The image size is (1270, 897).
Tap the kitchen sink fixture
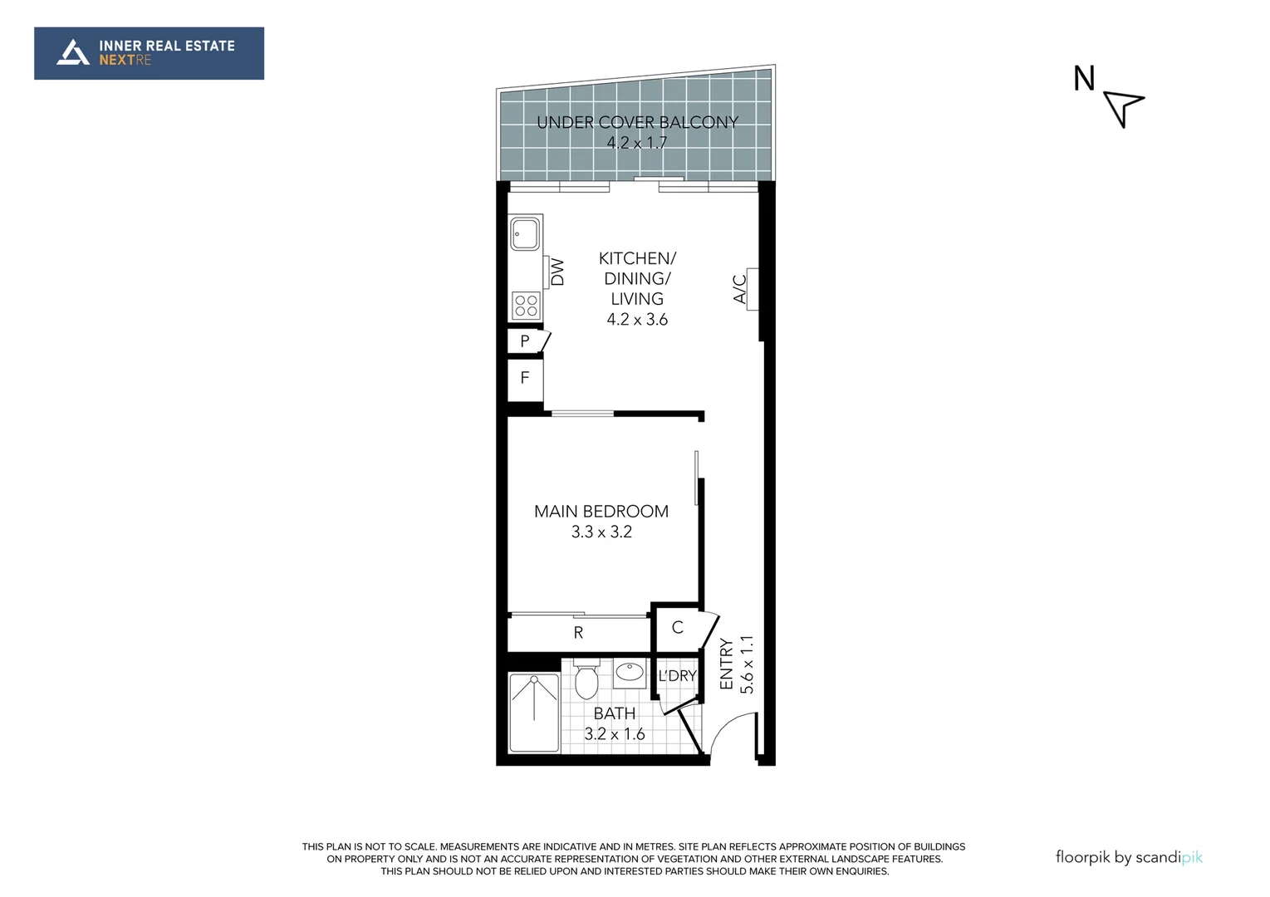coord(525,233)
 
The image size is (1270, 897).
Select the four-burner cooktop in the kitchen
coord(526,305)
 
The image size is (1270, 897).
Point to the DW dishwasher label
coord(557,272)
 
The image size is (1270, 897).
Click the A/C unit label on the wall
coord(740,289)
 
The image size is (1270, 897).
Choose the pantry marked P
coord(525,341)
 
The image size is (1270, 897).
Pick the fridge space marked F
coord(525,378)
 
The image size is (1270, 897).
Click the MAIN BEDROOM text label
coord(601,512)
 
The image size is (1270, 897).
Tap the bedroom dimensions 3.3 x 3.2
coord(601,532)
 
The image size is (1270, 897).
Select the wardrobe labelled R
coord(578,633)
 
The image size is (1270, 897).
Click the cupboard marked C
coord(677,628)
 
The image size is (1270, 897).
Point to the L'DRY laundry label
coord(677,676)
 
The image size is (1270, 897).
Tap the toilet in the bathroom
coord(586,680)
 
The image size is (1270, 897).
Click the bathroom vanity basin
coord(630,672)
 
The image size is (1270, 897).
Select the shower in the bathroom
coord(534,713)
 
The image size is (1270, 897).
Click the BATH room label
coord(615,713)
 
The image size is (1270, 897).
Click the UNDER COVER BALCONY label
coord(637,122)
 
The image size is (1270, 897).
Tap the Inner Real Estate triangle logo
coord(72,53)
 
